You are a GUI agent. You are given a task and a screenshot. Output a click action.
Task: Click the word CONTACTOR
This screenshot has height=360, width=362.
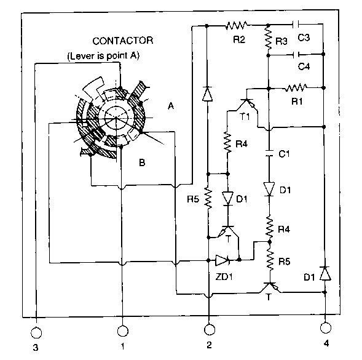tap(122, 41)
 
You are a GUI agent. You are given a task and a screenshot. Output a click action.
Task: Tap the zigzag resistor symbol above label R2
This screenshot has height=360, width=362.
tap(236, 25)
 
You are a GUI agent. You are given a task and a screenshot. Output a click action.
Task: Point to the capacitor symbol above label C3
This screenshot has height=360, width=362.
tap(296, 24)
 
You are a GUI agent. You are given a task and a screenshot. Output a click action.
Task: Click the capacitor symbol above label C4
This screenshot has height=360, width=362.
tap(296, 55)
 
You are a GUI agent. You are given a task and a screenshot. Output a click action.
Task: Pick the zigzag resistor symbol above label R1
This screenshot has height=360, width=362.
tap(296, 87)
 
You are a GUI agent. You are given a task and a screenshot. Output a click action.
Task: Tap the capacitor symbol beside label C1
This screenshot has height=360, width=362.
tap(269, 153)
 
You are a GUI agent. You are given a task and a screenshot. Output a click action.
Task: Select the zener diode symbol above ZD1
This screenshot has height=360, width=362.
tap(222, 260)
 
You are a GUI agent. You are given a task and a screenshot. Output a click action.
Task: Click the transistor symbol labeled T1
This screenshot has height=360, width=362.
tap(246, 104)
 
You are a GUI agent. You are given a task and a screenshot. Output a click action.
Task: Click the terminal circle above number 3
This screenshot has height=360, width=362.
tap(36, 333)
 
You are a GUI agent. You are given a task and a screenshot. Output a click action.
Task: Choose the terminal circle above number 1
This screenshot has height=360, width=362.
tap(122, 331)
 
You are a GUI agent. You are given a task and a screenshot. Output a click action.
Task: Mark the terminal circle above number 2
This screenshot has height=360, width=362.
tap(210, 329)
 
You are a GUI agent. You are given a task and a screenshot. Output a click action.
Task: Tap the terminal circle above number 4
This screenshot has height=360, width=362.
tap(326, 327)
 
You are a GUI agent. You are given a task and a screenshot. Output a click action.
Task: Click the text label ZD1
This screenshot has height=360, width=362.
tap(224, 276)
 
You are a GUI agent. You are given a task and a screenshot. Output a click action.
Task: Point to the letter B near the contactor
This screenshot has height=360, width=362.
tap(142, 162)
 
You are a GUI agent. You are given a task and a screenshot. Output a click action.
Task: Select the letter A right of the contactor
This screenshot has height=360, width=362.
tap(171, 106)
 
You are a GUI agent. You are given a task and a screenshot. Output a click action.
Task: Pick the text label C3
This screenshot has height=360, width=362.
tap(304, 38)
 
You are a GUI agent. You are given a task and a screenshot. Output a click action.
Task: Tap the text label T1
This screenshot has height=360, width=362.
tap(245, 117)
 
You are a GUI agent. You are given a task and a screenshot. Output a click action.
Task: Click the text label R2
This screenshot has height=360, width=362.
tap(239, 40)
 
